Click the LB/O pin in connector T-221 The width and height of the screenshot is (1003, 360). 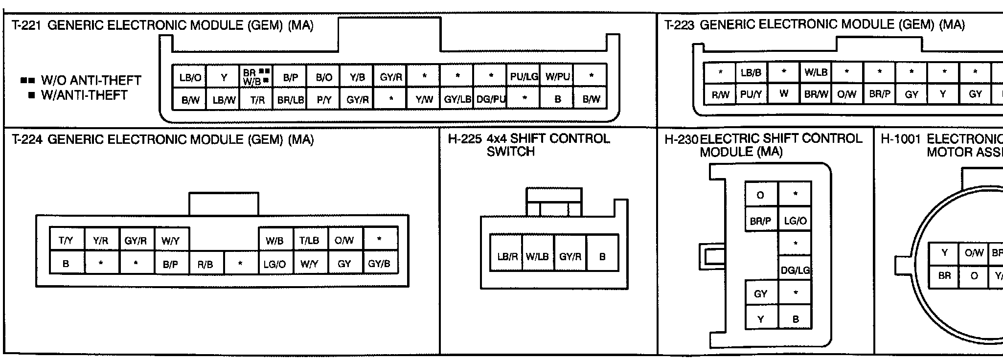tap(190, 77)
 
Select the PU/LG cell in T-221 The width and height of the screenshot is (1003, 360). tap(524, 77)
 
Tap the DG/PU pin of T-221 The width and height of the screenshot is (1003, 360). tap(491, 100)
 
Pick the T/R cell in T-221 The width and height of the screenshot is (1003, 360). tap(257, 100)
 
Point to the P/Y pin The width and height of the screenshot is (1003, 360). tap(324, 100)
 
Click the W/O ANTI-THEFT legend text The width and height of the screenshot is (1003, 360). tap(91, 80)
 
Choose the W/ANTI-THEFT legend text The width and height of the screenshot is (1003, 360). tap(84, 95)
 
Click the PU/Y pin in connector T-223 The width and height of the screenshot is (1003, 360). tap(751, 94)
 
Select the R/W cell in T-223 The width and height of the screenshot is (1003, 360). tap(720, 95)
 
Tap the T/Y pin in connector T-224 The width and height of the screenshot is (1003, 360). tap(66, 240)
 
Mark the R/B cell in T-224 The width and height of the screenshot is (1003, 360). tap(205, 264)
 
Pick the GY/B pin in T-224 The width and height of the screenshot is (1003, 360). tap(379, 264)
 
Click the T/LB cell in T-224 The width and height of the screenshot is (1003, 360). tap(309, 240)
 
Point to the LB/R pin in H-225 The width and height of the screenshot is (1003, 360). tap(507, 256)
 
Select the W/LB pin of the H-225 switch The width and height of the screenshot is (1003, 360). tap(537, 256)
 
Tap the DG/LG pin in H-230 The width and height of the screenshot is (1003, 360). tap(795, 270)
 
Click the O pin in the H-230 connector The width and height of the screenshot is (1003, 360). tap(760, 196)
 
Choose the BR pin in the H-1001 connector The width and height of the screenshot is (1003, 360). tap(944, 276)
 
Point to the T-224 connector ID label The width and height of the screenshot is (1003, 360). tap(27, 140)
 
